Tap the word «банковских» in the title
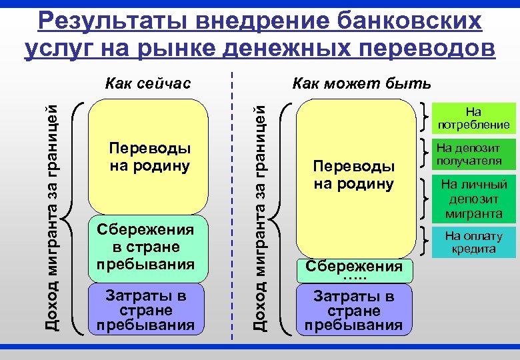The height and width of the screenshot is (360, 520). click(x=406, y=21)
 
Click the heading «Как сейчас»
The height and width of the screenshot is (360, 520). click(x=149, y=83)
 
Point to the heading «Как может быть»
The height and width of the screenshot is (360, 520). click(x=362, y=83)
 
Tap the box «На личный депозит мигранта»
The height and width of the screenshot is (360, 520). click(x=475, y=199)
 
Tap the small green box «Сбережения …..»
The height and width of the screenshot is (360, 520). click(x=354, y=269)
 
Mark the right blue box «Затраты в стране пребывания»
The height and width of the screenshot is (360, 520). click(x=354, y=310)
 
